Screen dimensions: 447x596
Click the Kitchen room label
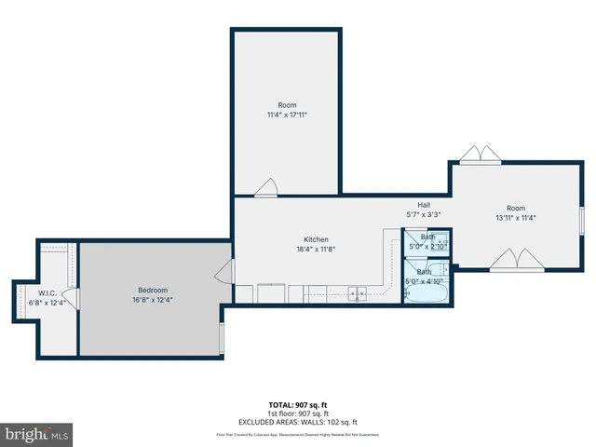click(x=316, y=239)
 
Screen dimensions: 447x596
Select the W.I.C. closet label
click(x=48, y=292)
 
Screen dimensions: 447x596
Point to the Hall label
click(x=423, y=205)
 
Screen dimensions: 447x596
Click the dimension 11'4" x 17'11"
click(x=287, y=115)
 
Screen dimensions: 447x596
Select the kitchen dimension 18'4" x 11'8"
click(x=316, y=249)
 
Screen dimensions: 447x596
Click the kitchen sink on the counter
click(x=357, y=294)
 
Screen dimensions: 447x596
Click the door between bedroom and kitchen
click(x=224, y=271)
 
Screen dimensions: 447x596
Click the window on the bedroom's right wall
click(x=222, y=337)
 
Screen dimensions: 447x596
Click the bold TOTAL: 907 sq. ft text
click(x=297, y=405)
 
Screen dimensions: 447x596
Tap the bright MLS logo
click(x=37, y=434)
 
